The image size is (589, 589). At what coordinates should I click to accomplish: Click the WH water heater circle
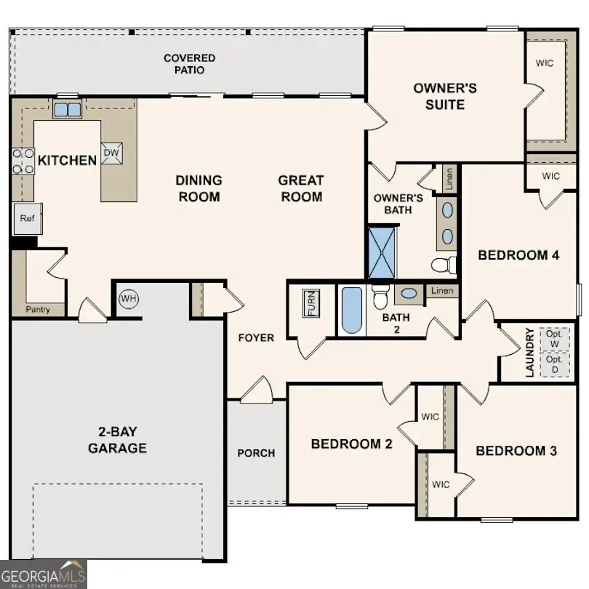[129, 298]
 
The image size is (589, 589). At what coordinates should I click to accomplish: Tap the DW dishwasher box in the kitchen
[111, 153]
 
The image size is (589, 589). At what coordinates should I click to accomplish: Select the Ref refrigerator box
[27, 218]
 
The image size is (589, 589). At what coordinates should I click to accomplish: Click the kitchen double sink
[68, 110]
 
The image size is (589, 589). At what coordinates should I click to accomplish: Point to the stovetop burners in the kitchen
[23, 161]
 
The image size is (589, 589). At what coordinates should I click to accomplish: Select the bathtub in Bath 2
[351, 310]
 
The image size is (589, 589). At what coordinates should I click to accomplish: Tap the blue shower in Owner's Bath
[382, 252]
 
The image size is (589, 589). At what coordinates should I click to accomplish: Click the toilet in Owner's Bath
[442, 263]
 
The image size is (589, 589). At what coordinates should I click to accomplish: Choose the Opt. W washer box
[555, 337]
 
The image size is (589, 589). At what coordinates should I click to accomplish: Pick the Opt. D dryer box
[555, 364]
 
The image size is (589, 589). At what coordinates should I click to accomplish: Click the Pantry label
[38, 310]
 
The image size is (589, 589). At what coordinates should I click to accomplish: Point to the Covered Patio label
[189, 64]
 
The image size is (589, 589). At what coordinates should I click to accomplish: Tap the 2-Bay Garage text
[117, 438]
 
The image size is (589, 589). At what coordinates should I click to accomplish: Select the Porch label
[256, 453]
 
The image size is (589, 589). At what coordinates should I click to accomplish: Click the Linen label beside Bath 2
[441, 291]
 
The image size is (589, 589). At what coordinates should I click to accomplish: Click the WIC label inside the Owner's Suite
[545, 63]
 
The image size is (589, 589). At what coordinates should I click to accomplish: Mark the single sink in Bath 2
[409, 294]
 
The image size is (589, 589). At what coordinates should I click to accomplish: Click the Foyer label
[256, 337]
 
